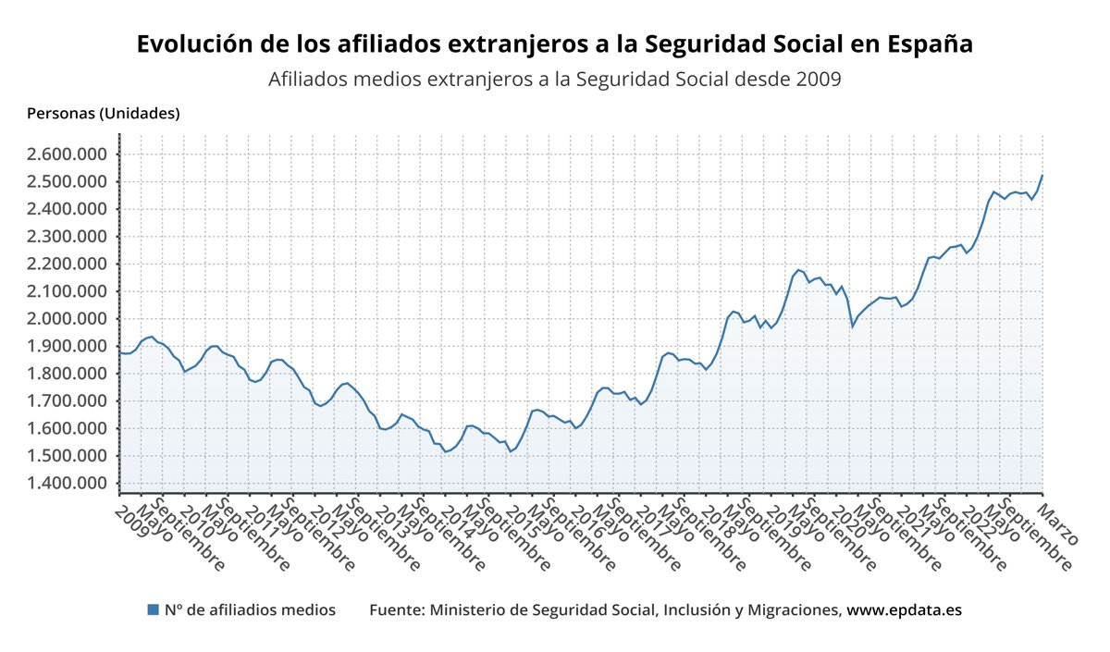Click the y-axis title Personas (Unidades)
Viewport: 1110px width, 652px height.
tap(104, 114)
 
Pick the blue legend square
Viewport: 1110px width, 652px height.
tap(154, 609)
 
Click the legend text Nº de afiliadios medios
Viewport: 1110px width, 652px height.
tap(250, 610)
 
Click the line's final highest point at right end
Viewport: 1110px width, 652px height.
tap(1042, 175)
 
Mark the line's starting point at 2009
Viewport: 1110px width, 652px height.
tap(120, 352)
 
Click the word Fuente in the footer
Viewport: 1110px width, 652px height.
tap(395, 610)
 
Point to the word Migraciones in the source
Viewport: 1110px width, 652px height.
tap(793, 610)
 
